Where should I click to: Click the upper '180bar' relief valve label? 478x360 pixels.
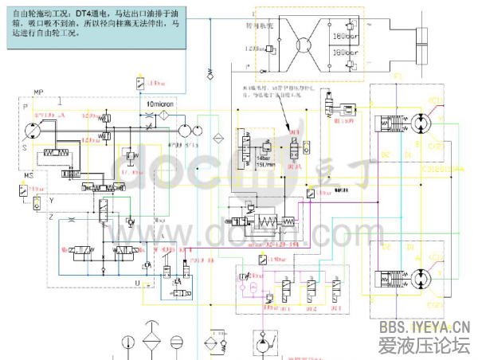[x=343, y=36]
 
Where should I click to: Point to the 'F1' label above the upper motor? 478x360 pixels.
[x=398, y=75]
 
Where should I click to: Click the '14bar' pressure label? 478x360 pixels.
[x=263, y=158]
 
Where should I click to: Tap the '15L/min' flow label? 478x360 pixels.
[x=265, y=164]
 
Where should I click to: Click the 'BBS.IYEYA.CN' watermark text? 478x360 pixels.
[x=425, y=328]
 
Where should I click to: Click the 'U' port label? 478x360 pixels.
[x=137, y=282]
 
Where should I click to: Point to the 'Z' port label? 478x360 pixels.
[x=50, y=216]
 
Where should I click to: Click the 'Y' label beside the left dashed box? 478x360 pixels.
[x=51, y=199]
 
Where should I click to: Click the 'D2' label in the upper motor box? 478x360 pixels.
[x=386, y=153]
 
